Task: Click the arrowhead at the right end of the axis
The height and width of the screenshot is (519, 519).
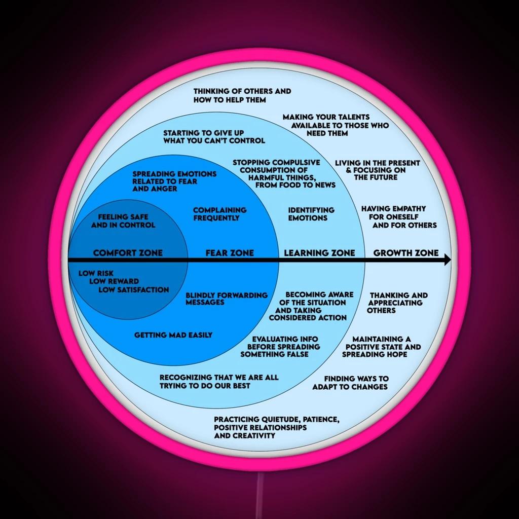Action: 447,259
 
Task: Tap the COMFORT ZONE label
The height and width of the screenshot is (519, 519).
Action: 128,253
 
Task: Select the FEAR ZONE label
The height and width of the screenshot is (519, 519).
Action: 230,253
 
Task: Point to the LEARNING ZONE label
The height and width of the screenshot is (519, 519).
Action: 319,253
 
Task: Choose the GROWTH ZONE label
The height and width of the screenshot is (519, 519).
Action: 406,253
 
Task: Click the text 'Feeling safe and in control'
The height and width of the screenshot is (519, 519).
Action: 123,221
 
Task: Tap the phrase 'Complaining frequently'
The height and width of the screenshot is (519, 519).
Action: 220,214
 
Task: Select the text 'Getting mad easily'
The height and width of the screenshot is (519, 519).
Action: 173,335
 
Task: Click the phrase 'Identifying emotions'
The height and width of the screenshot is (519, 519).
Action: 311,214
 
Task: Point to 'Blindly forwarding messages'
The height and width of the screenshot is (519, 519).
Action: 227,299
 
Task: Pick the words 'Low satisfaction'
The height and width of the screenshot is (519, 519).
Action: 134,289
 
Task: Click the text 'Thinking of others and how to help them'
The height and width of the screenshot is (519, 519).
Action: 242,95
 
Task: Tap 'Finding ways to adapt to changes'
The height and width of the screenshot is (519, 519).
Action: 351,383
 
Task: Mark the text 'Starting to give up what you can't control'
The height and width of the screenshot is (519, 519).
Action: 214,137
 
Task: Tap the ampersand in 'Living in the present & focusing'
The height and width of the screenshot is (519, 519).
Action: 349,170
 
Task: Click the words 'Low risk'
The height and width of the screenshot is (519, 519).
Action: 96,273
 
